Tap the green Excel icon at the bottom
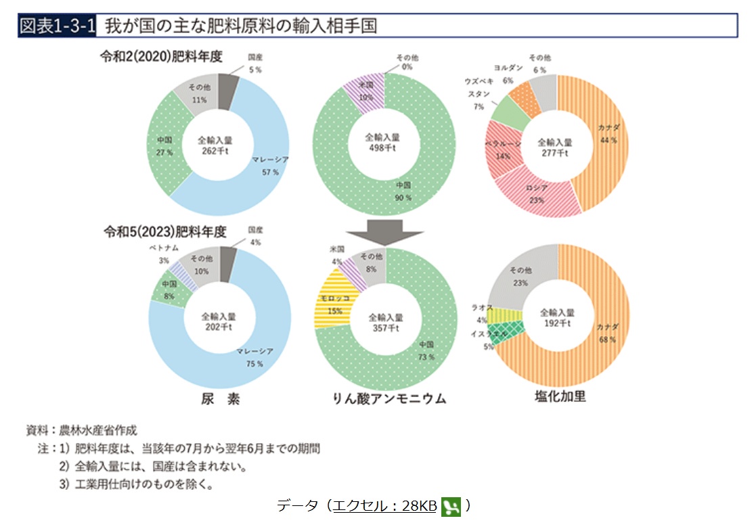tap(451, 506)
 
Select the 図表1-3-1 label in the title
tap(58, 26)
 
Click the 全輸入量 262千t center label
tap(215, 145)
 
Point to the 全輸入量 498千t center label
tap(382, 143)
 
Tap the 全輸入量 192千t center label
tap(557, 318)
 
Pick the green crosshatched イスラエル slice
tap(502, 333)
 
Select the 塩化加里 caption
tap(560, 397)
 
